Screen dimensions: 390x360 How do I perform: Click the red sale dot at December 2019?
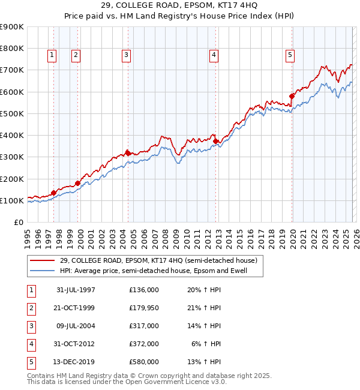[x=292, y=96]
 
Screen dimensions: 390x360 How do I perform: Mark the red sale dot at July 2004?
[x=127, y=152]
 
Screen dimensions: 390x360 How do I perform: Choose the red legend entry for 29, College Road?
[x=158, y=260]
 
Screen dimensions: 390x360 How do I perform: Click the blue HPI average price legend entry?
[x=161, y=271]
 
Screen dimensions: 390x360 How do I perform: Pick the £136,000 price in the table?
[x=143, y=290]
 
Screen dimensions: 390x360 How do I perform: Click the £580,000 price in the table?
[x=143, y=362]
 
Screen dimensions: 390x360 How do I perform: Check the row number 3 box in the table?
[x=31, y=326]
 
